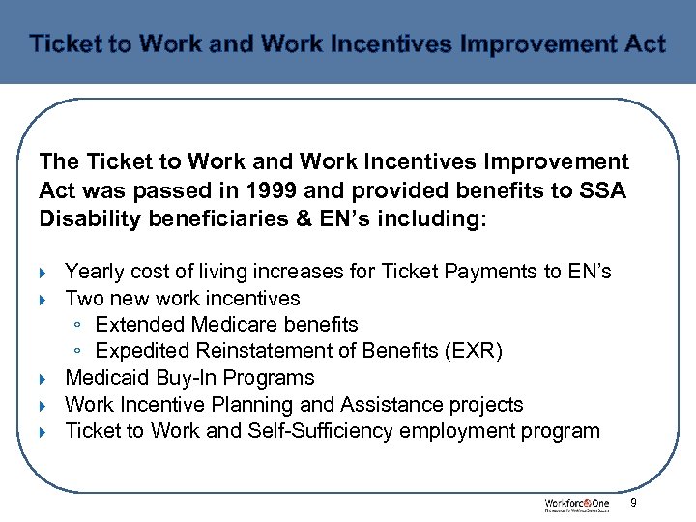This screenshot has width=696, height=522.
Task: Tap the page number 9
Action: (x=634, y=503)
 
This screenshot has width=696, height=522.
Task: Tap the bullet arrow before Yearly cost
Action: (x=45, y=273)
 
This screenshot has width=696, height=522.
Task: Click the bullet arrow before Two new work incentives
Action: (x=45, y=299)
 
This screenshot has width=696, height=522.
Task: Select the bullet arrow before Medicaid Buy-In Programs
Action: (x=45, y=379)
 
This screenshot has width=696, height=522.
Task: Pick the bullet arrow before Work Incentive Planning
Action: (x=45, y=405)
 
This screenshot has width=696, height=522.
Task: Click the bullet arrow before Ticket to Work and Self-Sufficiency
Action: (x=45, y=432)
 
